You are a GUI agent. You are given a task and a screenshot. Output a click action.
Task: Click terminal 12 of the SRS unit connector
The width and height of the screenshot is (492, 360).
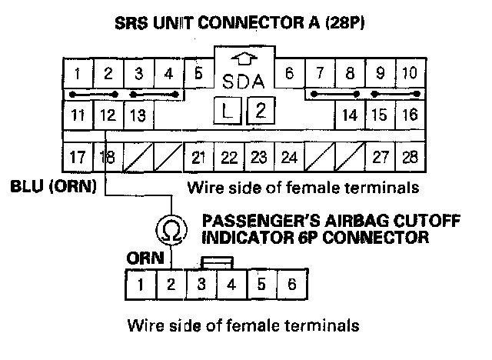tap(107, 115)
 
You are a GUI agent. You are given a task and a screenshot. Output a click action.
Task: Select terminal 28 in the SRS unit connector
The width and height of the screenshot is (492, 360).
tap(410, 158)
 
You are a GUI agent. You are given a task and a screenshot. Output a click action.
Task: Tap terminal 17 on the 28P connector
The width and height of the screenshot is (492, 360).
tap(77, 158)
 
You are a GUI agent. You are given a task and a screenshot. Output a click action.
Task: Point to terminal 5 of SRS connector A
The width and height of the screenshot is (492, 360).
tap(198, 75)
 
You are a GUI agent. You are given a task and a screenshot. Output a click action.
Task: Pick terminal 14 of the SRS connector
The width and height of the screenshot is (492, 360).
tap(350, 115)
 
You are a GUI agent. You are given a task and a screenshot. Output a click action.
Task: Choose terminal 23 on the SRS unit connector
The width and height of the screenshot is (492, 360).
tap(259, 158)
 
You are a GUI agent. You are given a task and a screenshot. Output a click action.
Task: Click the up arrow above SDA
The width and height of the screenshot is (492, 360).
tap(244, 58)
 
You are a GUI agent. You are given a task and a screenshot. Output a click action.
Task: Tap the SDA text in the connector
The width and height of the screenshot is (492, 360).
tap(244, 80)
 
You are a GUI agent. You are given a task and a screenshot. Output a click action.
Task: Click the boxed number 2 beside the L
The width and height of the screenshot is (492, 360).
tap(261, 109)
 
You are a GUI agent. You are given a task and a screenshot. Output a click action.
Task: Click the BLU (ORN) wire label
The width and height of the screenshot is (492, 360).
tap(48, 187)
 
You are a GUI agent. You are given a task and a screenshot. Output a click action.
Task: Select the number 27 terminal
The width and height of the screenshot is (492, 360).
tap(380, 158)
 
